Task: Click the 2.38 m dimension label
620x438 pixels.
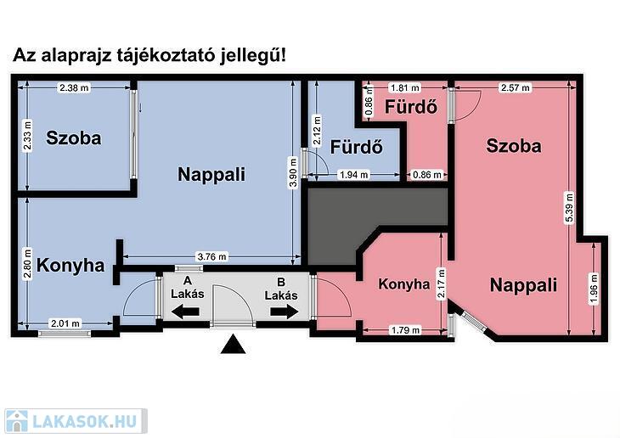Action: point(74,87)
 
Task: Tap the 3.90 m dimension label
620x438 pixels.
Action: point(293,172)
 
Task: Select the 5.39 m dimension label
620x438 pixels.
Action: point(569,208)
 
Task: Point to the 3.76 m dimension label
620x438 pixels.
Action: point(212,257)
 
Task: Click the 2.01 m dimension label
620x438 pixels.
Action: point(65,323)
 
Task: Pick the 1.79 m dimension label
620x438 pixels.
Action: point(405,329)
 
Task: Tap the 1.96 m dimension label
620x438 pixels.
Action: point(594,289)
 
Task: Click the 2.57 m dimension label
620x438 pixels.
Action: point(515,87)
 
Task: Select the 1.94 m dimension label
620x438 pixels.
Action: point(354,174)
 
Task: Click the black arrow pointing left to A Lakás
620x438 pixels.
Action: point(185,312)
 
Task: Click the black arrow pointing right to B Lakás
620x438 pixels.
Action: point(285,312)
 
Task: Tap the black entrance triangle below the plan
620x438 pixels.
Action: point(234,344)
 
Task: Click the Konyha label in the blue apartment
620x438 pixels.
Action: point(70,265)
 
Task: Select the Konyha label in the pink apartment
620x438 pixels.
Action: point(403,284)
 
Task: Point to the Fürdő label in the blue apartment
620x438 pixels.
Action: point(356,147)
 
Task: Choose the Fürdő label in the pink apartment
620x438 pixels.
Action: point(411,107)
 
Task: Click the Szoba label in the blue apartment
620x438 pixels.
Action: point(74,138)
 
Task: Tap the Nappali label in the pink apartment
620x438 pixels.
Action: point(523,285)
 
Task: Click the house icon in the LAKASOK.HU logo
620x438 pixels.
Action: point(17,421)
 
